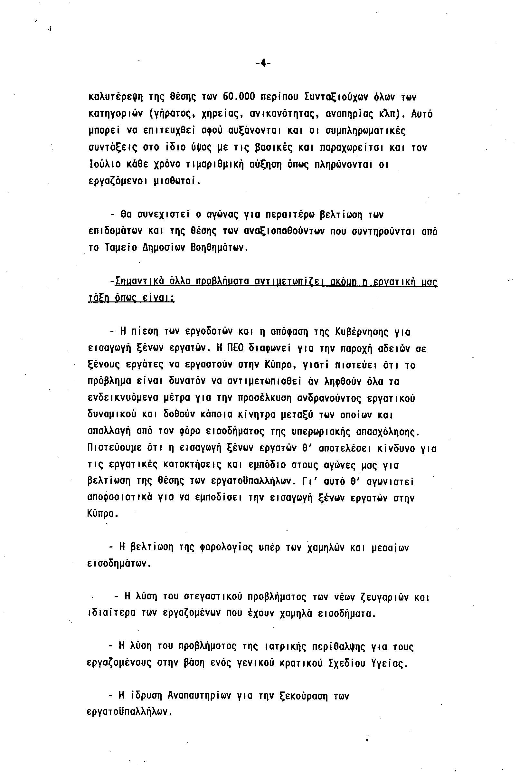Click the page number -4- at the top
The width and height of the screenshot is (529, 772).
(263, 63)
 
